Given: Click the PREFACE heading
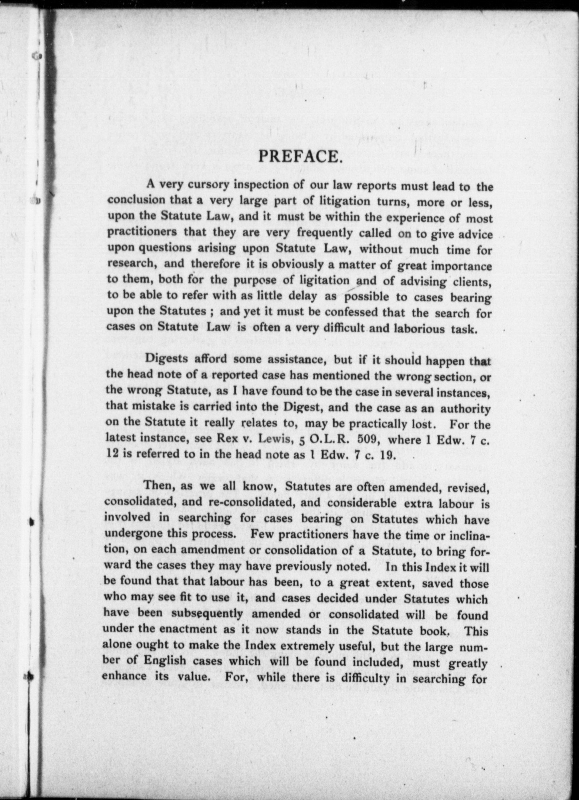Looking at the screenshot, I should (x=300, y=156).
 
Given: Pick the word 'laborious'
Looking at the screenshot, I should (x=419, y=329).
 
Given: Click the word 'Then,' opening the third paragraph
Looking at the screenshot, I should (x=158, y=486).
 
